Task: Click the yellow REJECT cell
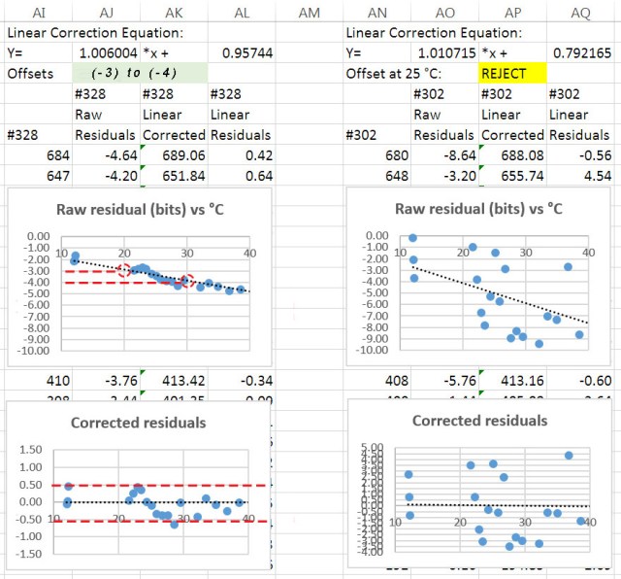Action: pos(511,73)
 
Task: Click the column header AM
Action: pos(310,12)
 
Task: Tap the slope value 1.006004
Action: pos(107,52)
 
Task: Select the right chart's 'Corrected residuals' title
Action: pos(480,421)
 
